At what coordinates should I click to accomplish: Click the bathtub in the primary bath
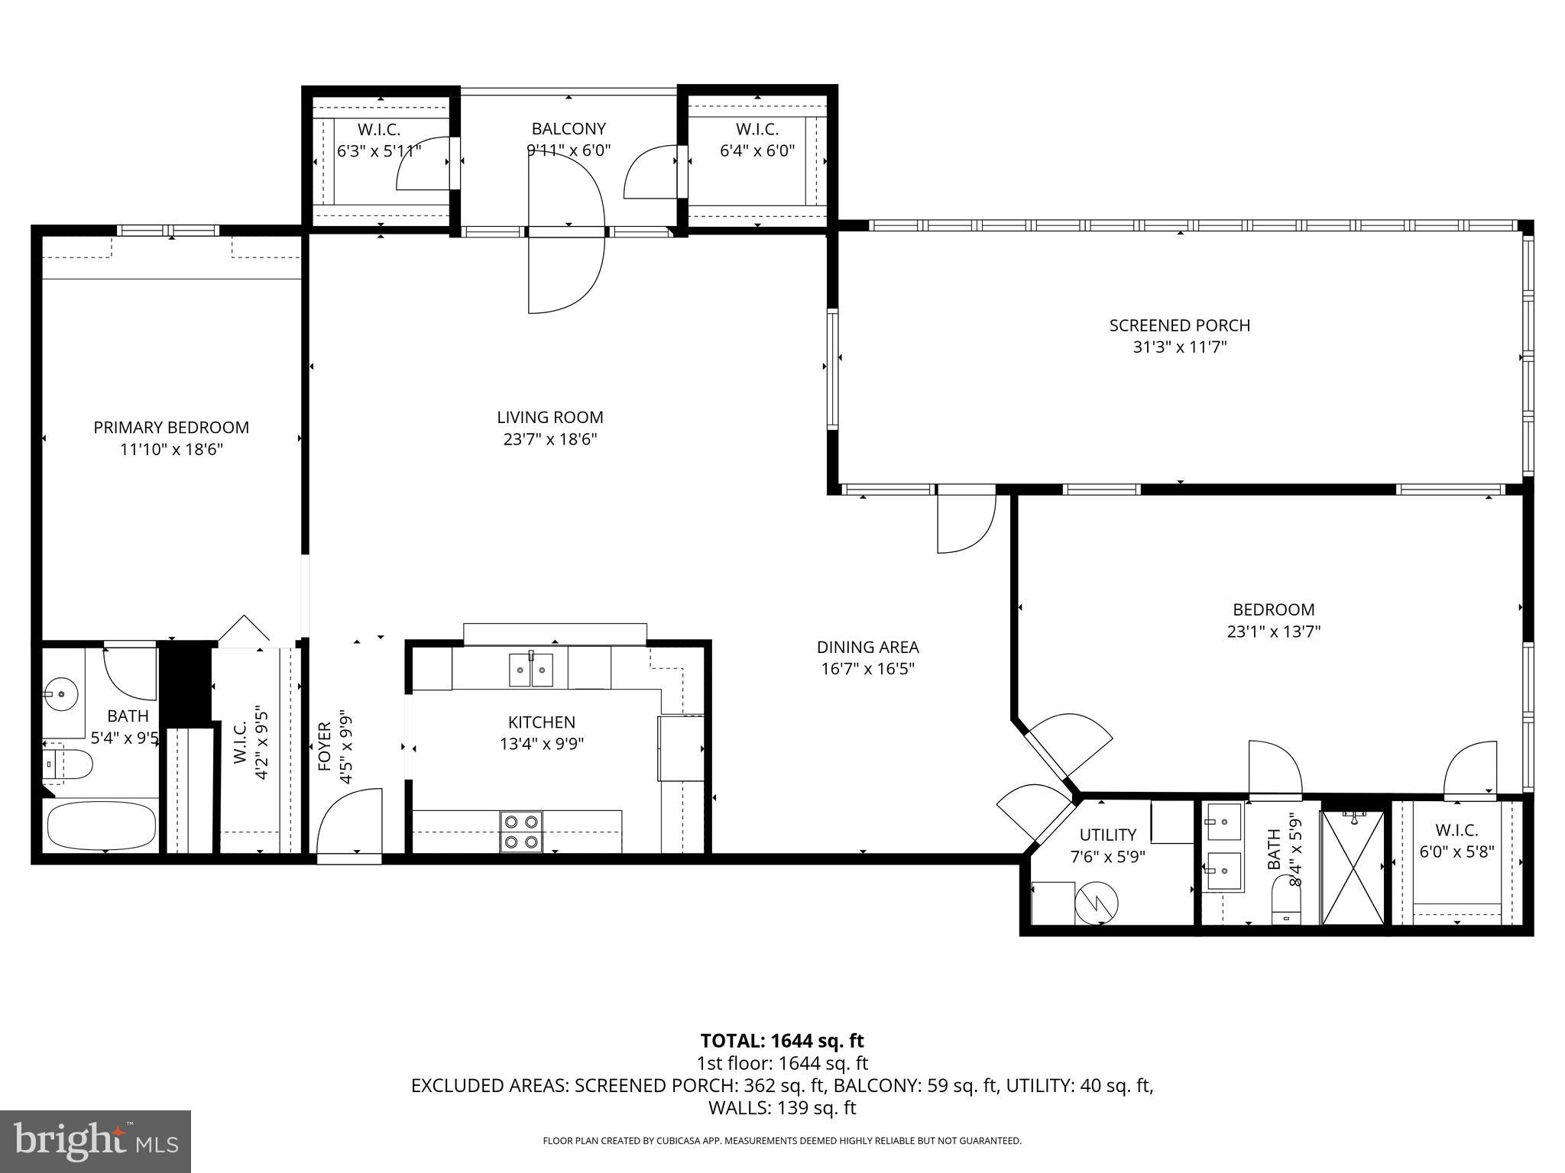coord(102,825)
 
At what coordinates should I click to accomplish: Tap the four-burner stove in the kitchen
coord(521,832)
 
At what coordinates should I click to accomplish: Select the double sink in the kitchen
coord(531,671)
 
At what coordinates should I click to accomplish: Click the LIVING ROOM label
coord(549,418)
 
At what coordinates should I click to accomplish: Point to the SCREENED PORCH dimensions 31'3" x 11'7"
coord(1179,347)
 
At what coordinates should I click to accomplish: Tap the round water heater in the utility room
coord(1096,904)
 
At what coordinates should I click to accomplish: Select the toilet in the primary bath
coord(68,763)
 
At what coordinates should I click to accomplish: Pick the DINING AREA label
coord(867,648)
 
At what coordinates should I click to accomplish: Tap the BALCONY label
coord(569,129)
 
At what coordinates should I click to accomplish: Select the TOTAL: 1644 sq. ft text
coord(782,1040)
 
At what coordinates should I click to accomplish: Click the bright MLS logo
coord(96,1142)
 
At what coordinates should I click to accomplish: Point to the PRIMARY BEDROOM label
coord(171,428)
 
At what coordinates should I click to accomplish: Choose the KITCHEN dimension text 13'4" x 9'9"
coord(542,744)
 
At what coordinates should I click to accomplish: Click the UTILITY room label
coord(1107,835)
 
